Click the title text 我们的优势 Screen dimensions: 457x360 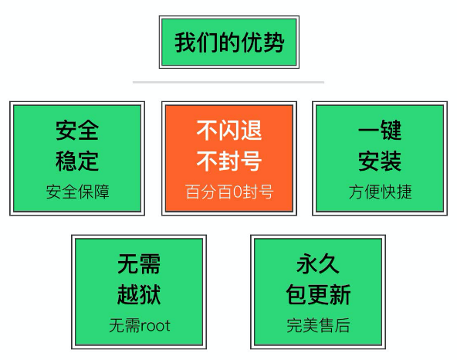(229, 42)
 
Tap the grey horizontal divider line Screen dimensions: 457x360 (228, 82)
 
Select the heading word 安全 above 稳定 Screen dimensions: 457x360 (77, 131)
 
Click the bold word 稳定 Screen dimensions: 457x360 (77, 161)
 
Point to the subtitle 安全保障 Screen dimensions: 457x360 (77, 192)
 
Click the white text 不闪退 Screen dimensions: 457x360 (229, 131)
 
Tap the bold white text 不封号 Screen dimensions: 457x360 (229, 161)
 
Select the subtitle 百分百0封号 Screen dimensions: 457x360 (229, 192)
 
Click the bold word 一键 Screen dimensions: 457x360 (380, 131)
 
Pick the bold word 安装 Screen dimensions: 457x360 (380, 161)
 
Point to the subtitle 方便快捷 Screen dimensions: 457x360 (380, 192)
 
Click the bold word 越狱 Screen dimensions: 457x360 (139, 294)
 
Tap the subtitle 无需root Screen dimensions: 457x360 (140, 325)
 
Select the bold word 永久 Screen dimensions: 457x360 (318, 263)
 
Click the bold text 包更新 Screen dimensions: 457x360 (318, 294)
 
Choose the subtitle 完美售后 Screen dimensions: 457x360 (318, 325)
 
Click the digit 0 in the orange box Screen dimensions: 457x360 (237, 192)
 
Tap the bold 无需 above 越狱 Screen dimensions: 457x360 (139, 263)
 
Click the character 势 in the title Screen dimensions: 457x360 (273, 42)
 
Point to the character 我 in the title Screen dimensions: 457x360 (185, 42)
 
